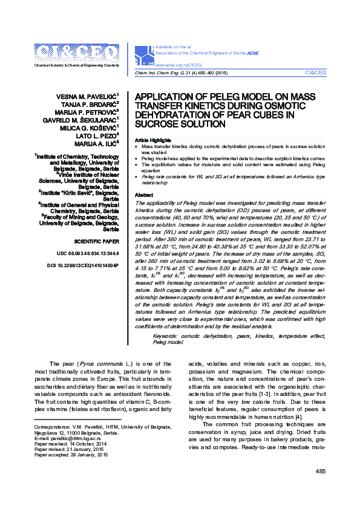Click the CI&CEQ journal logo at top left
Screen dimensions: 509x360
click(x=77, y=52)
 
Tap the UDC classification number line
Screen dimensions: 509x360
click(x=87, y=253)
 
